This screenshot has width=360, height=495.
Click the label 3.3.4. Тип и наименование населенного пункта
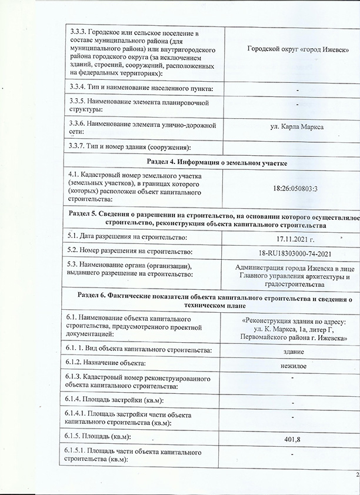pos(139,88)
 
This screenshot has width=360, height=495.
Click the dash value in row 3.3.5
pos(298,104)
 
